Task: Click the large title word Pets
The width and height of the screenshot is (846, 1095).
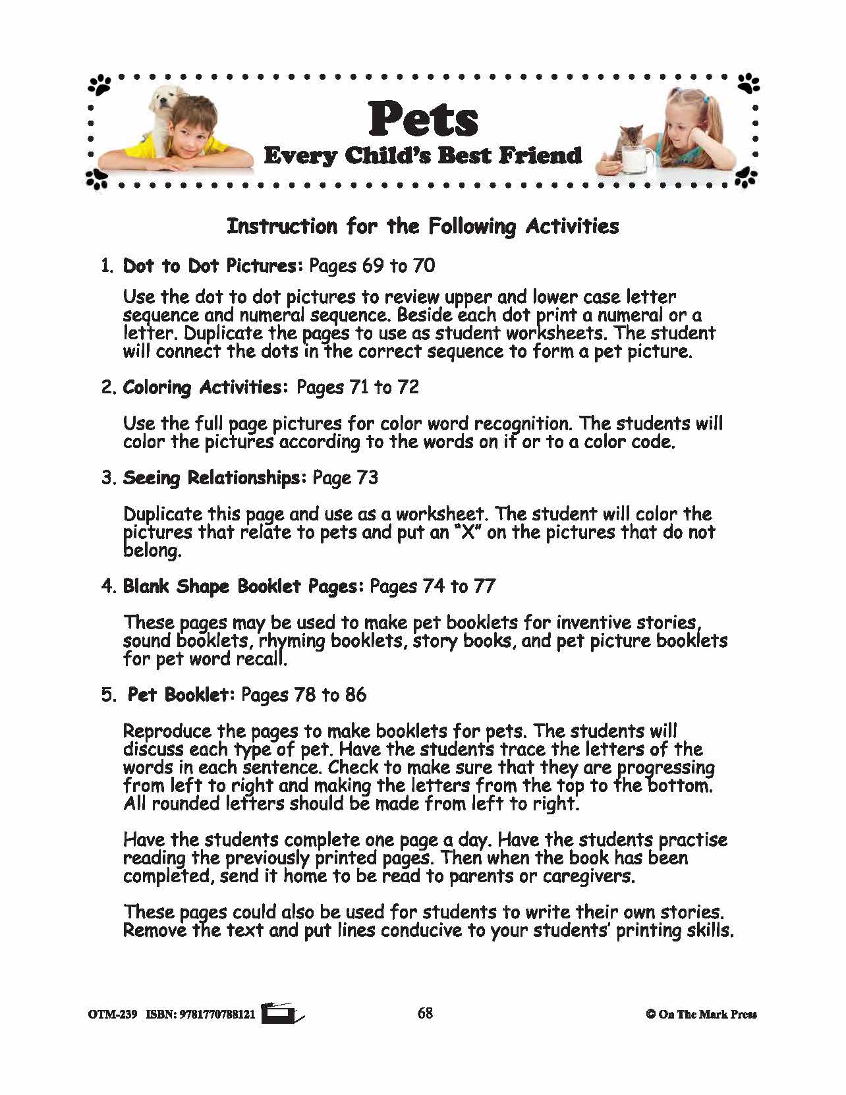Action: pos(423,119)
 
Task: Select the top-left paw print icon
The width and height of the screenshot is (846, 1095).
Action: pos(100,84)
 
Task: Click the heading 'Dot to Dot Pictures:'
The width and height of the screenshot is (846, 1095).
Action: pos(213,266)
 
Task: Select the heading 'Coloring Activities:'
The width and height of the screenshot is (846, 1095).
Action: pos(206,387)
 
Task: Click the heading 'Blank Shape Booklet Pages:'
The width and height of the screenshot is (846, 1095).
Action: pos(243,586)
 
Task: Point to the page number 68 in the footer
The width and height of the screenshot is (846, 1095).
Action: pos(425,1013)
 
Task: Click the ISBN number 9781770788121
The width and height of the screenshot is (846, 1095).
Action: pos(217,1015)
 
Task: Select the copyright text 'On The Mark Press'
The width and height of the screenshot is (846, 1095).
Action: pos(706,1015)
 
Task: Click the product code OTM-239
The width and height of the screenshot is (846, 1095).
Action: pos(112,1015)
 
